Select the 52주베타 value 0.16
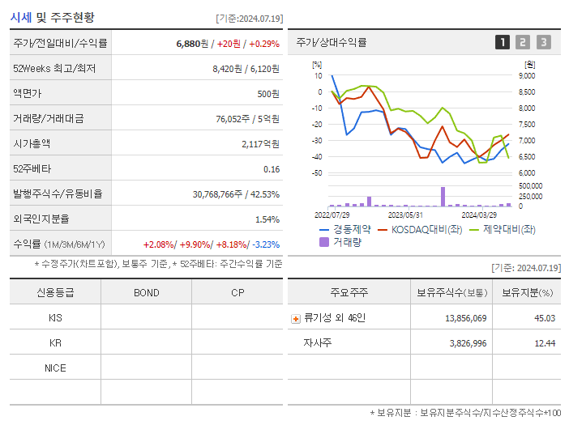(x=272, y=169)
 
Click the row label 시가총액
(x=32, y=144)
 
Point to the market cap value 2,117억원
(x=260, y=144)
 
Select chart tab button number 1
(x=503, y=42)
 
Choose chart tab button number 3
(x=543, y=42)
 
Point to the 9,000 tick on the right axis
(x=526, y=75)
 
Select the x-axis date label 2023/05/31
(x=406, y=215)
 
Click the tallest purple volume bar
(x=443, y=197)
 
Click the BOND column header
(x=146, y=292)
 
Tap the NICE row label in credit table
(x=55, y=368)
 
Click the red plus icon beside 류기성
(x=296, y=318)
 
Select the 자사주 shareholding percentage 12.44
(x=544, y=343)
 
